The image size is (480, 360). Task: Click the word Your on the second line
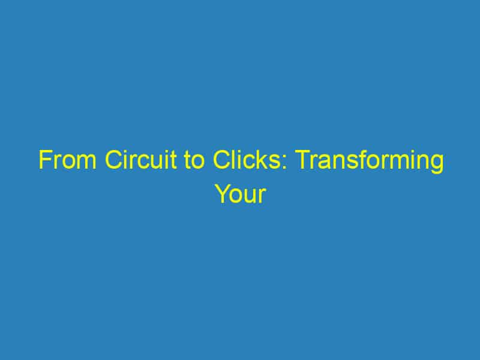point(239,194)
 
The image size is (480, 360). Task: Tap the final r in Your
point(262,196)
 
